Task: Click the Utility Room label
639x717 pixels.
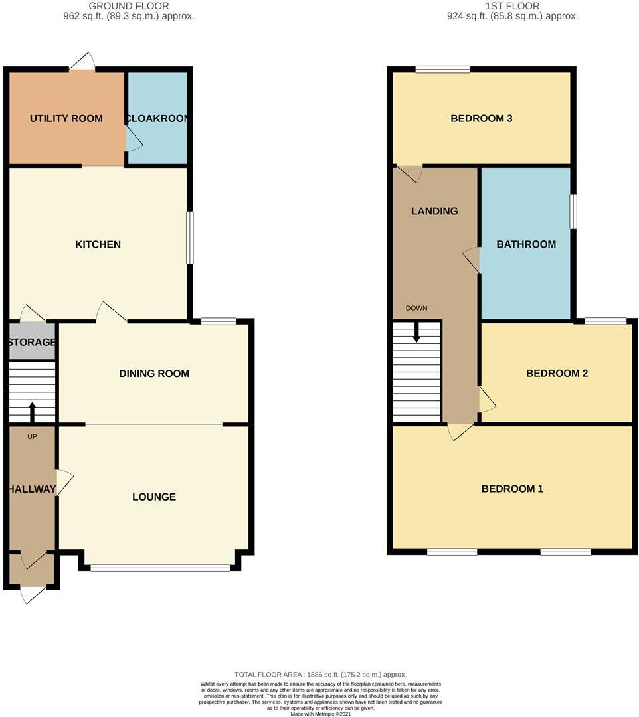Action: [66, 119]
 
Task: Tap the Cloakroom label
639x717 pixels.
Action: [157, 119]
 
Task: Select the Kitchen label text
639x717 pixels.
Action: [98, 244]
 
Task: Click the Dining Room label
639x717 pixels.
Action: [154, 374]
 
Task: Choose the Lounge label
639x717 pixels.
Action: [154, 497]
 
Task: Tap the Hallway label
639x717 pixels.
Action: [31, 489]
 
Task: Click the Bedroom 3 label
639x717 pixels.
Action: [481, 119]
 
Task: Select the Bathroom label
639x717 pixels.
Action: [526, 244]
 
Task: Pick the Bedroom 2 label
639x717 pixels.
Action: [557, 374]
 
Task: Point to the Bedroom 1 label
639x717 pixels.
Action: [512, 489]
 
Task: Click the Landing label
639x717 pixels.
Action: [434, 211]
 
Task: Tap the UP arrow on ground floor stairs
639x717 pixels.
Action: [32, 411]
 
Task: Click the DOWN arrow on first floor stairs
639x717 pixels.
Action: [416, 332]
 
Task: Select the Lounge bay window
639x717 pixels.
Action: [160, 568]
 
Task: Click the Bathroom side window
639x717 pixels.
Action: [574, 212]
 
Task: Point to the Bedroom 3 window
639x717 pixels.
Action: [442, 68]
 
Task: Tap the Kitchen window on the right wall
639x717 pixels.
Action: [190, 237]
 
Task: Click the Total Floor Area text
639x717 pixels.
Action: [319, 674]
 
